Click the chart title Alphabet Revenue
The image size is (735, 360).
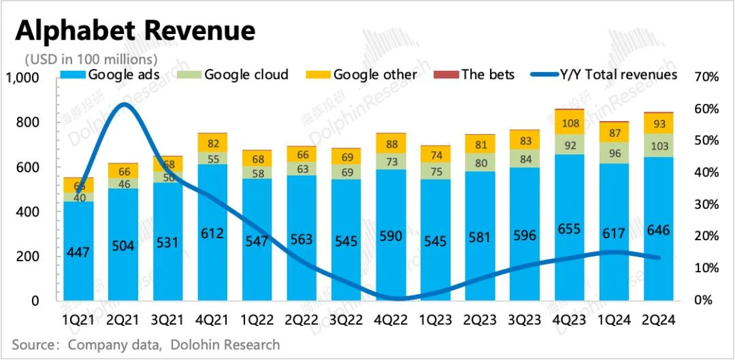[135, 30]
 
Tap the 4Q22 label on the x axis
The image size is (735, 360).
[393, 319]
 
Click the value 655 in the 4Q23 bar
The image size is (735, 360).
[570, 229]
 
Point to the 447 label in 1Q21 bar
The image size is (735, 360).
[79, 252]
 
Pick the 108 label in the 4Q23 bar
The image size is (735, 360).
[570, 123]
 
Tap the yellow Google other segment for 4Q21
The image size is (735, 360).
[213, 142]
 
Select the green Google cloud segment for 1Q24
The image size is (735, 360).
[615, 153]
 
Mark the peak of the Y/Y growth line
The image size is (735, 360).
[122, 104]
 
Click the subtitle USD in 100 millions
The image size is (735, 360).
[91, 59]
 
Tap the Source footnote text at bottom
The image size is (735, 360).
[146, 344]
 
